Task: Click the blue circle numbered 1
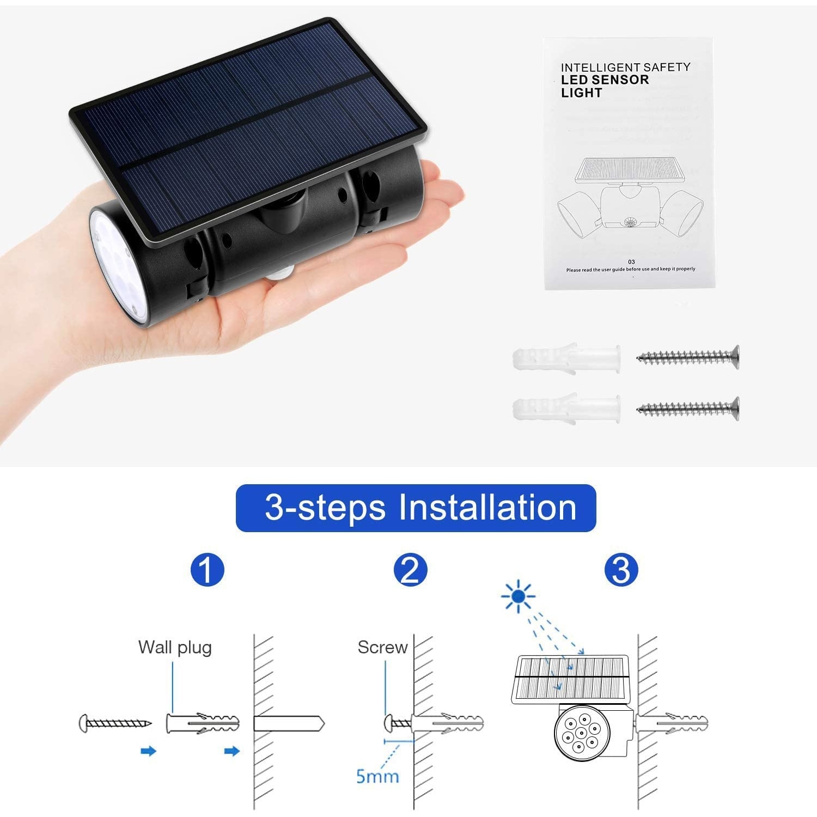208,570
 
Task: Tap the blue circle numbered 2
410,570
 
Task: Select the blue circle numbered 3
621,570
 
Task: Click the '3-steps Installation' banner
416,508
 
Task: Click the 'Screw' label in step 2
382,647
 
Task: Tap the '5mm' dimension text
377,776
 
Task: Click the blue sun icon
518,596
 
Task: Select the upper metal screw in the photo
688,357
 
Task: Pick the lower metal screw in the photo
688,408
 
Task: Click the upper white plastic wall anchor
566,358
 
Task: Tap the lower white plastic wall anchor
566,408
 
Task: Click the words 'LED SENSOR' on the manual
605,80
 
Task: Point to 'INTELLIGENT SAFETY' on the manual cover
626,67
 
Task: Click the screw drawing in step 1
115,723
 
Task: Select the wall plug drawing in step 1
203,723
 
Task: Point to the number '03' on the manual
631,262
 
